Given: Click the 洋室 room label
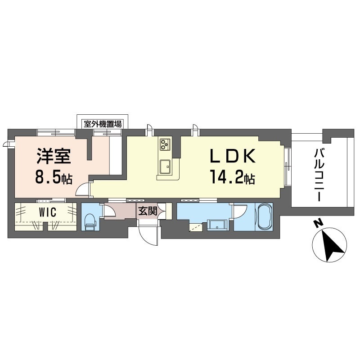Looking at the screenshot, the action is [54, 156].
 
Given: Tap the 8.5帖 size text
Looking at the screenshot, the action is [54, 178].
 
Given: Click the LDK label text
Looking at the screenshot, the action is [233, 156].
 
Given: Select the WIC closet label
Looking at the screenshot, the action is [48, 212].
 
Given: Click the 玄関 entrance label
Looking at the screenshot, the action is [148, 211].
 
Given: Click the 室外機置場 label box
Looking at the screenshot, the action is [103, 124].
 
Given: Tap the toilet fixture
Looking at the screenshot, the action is [90, 222].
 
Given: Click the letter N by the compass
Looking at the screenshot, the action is [318, 224].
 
